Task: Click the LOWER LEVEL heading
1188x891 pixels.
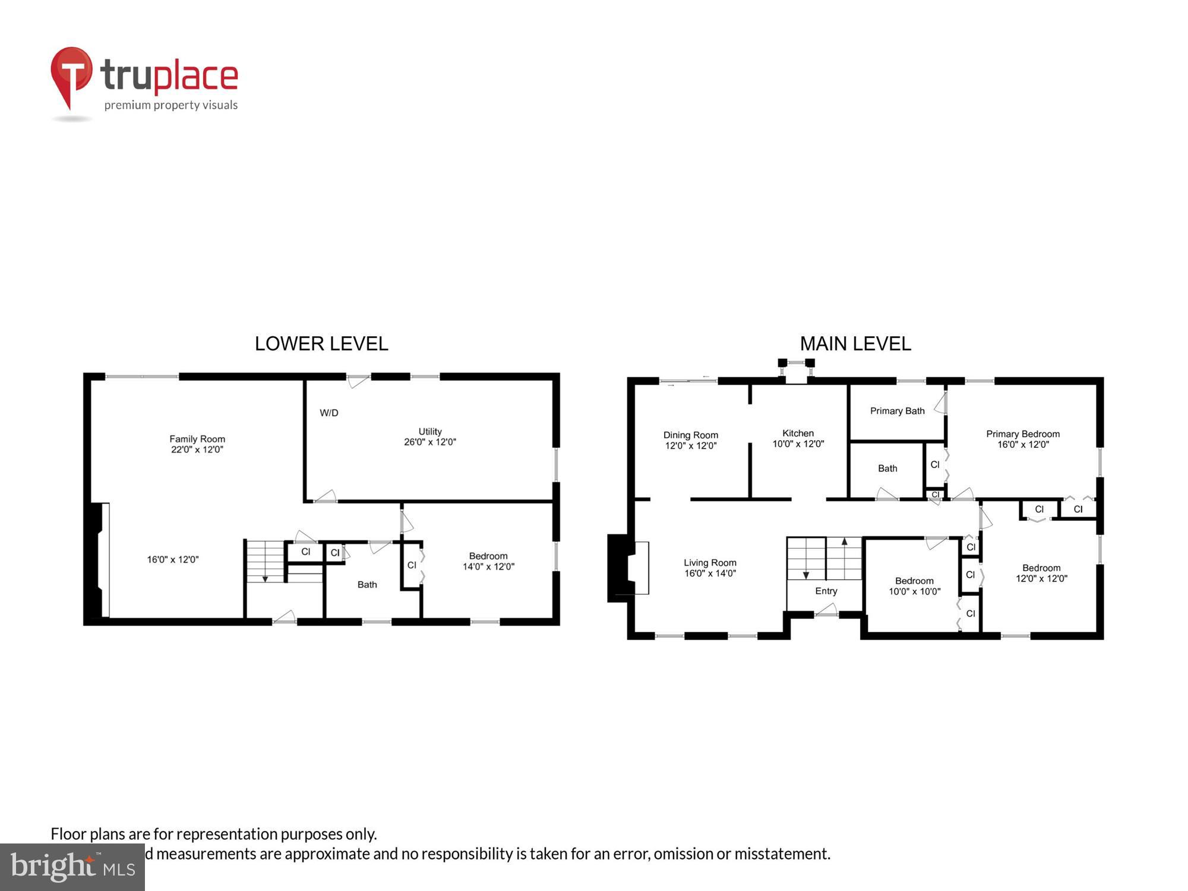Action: [x=321, y=344]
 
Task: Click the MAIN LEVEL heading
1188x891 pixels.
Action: [x=855, y=344]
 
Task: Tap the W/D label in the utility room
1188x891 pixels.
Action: [x=329, y=413]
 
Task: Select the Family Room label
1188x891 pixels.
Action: [x=197, y=439]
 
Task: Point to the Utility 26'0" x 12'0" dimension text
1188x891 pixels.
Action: [x=430, y=442]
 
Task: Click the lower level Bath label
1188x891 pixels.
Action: [x=367, y=584]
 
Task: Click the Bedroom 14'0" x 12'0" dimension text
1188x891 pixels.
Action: [x=488, y=567]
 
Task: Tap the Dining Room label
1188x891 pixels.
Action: [x=691, y=435]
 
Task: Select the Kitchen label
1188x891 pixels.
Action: [x=798, y=433]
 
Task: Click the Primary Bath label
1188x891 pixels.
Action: [x=897, y=411]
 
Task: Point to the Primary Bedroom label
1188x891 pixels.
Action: [x=1022, y=434]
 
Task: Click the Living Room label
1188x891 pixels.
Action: [x=710, y=563]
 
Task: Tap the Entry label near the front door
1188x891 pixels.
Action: [x=826, y=591]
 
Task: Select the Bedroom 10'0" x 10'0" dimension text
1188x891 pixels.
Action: [x=914, y=592]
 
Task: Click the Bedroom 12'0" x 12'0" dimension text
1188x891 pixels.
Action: [x=1041, y=579]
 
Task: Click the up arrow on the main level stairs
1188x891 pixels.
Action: [x=844, y=542]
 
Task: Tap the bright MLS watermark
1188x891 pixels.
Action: [x=72, y=867]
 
